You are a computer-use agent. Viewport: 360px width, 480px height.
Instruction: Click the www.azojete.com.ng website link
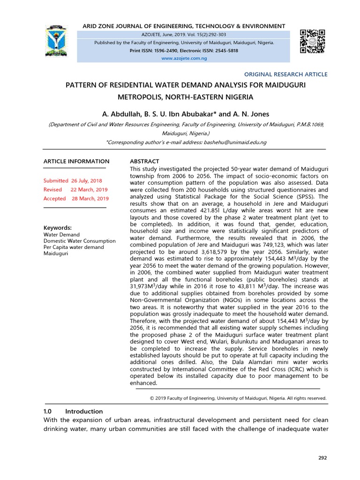[184, 58]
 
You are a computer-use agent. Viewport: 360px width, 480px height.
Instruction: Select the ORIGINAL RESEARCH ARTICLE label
[286, 75]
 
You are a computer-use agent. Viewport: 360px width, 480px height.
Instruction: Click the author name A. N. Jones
[242, 114]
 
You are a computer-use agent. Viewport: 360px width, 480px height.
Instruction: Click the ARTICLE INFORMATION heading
[76, 161]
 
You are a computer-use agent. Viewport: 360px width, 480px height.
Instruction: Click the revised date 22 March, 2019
[89, 189]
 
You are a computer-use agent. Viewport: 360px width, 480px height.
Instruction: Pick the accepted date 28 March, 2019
[90, 198]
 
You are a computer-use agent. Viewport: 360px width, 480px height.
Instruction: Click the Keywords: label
[58, 227]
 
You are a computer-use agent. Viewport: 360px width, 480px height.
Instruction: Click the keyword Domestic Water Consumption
[79, 241]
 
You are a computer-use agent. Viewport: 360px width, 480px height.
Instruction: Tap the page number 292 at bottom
[322, 457]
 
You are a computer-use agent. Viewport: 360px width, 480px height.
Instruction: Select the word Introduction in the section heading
[84, 411]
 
